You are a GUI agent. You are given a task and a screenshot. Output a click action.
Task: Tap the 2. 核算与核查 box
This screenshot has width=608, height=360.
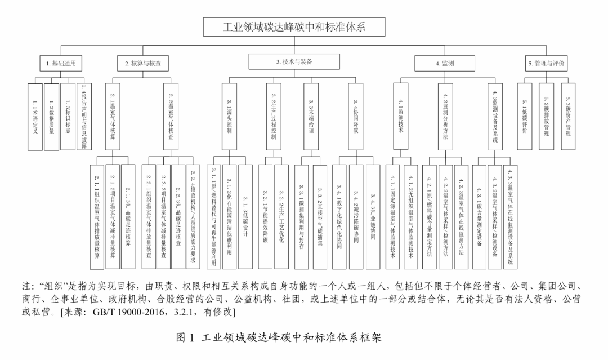point(143,64)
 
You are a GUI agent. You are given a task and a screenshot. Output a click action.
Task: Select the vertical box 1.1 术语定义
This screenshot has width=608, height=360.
point(34,116)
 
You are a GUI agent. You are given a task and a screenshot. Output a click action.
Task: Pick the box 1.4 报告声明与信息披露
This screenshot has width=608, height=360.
point(84,116)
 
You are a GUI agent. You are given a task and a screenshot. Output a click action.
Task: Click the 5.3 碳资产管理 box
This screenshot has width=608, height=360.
point(568,116)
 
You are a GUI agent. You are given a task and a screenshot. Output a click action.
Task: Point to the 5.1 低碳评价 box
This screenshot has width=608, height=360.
point(525,116)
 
